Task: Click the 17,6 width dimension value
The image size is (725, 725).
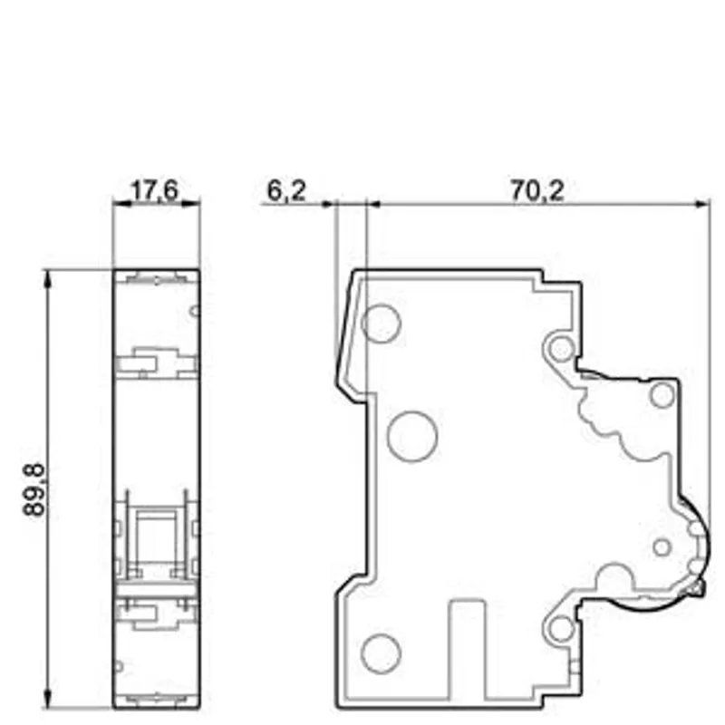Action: pos(154,190)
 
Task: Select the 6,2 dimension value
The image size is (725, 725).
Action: pos(286,190)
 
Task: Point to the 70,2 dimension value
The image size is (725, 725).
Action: pos(537,190)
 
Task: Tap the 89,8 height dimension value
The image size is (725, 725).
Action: pos(34,489)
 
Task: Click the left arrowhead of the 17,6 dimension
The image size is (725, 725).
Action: pos(121,203)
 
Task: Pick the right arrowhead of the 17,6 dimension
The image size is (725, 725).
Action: pos(191,203)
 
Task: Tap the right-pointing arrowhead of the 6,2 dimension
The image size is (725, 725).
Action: pos(328,203)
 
